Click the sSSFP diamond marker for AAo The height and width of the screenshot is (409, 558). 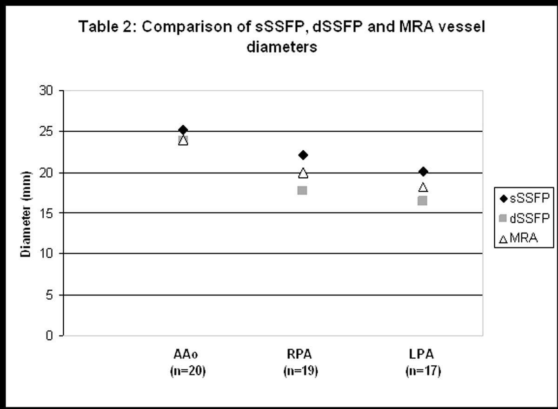(183, 130)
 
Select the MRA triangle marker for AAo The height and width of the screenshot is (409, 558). (183, 141)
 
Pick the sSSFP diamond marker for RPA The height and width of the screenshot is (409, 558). (303, 154)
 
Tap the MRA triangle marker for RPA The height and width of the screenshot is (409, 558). (303, 173)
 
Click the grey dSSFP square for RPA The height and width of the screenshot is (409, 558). (302, 190)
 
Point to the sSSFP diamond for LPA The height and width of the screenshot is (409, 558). (423, 172)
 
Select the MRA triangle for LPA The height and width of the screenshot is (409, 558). (423, 188)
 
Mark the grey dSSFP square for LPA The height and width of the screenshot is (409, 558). (422, 201)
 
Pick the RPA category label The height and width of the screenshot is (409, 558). (300, 355)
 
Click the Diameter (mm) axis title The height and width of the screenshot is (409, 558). (27, 214)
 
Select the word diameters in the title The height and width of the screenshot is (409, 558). (282, 47)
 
